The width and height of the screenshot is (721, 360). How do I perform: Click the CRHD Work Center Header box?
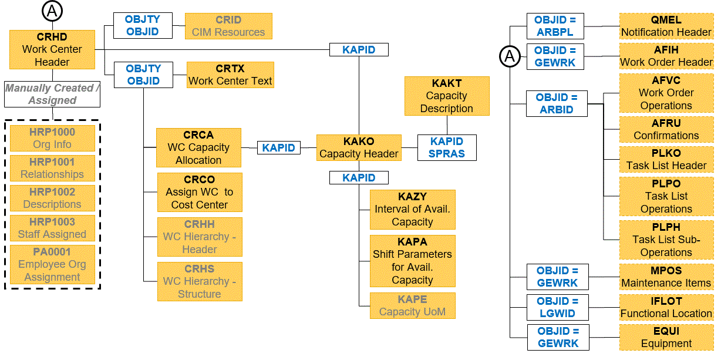[x=52, y=49]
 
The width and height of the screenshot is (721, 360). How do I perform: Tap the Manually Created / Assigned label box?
[x=52, y=94]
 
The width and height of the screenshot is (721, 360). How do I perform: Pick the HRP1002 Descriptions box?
[x=52, y=198]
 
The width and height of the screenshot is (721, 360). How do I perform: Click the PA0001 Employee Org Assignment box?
[x=52, y=264]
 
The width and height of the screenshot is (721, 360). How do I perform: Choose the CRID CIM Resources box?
[x=228, y=26]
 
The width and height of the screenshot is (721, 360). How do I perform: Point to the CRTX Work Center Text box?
[x=230, y=75]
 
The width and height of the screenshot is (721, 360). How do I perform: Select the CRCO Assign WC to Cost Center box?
[x=199, y=192]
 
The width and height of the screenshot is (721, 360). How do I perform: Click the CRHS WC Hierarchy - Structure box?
[x=199, y=281]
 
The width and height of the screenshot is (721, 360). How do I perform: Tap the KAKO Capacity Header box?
[x=359, y=147]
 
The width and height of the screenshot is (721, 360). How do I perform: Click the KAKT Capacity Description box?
[x=446, y=96]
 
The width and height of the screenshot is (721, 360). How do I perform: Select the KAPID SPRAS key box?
[x=446, y=147]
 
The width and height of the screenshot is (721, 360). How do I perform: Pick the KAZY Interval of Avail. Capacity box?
[x=412, y=209]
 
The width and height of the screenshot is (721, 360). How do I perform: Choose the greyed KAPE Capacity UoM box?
[x=412, y=305]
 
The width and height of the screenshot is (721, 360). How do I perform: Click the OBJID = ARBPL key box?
[x=555, y=26]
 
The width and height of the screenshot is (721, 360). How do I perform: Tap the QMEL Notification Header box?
[x=666, y=26]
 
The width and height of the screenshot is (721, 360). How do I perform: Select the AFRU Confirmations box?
[x=666, y=129]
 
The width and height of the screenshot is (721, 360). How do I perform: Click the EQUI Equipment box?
[x=666, y=338]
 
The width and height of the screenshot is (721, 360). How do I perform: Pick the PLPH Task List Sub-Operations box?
[x=666, y=240]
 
